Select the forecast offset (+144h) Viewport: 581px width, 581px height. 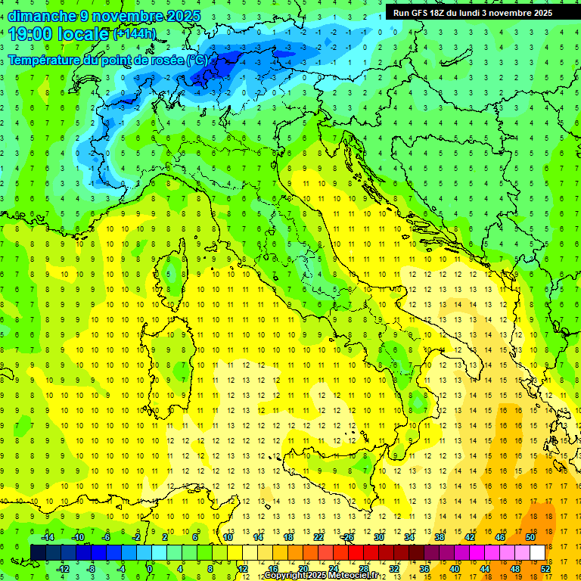134,34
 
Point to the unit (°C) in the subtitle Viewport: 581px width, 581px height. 196,60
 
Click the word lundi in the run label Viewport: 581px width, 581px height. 474,13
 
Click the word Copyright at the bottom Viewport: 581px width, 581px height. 284,576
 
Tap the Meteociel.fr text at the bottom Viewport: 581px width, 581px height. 354,576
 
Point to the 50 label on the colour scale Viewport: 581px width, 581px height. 530,537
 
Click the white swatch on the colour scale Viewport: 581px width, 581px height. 537,552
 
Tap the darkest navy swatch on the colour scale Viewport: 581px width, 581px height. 38,552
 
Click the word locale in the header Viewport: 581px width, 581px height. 84,33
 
